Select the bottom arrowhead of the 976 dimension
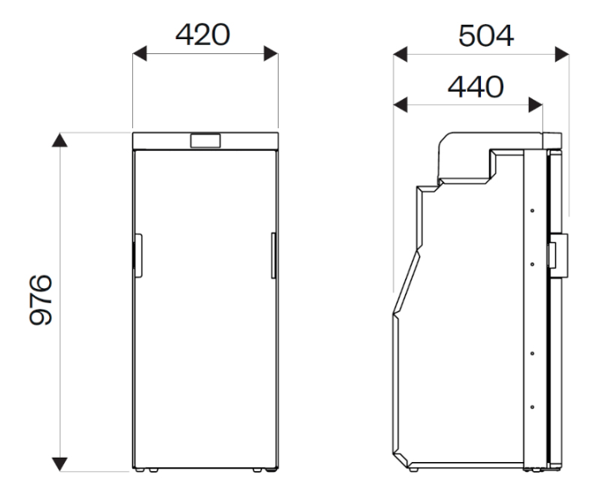59,460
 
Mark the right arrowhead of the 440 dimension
536,105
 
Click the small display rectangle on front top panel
205,142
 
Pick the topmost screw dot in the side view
531,210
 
